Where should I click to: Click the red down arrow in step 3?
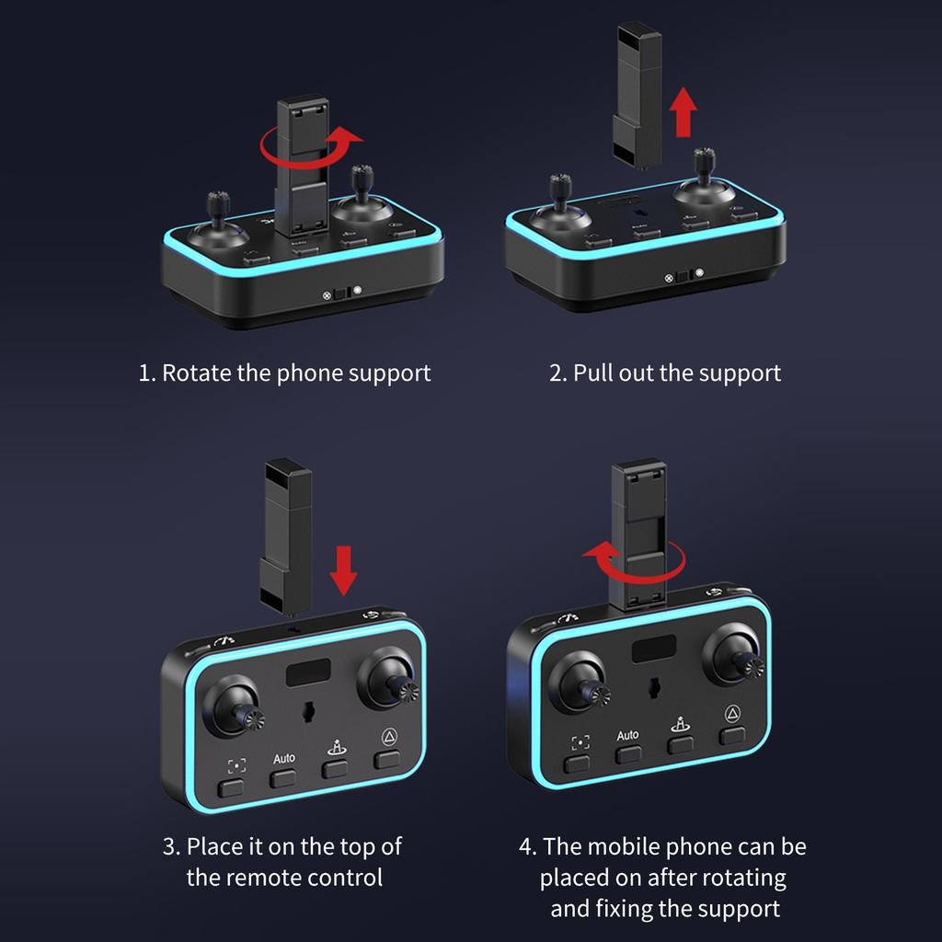[344, 570]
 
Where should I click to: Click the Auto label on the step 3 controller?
[284, 758]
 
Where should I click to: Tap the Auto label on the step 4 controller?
[627, 735]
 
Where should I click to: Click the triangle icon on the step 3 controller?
[389, 736]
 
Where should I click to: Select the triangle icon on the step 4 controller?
[732, 713]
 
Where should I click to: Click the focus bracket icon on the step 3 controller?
[236, 765]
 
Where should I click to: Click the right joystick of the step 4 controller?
[735, 656]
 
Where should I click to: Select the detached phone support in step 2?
[638, 95]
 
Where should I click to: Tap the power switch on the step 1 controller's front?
[342, 293]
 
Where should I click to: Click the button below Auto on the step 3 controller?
[282, 779]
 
